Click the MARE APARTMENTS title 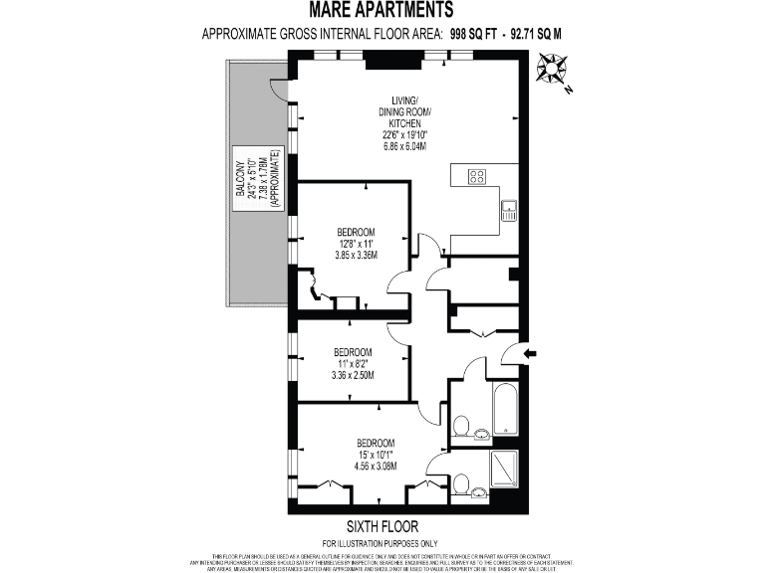(382, 10)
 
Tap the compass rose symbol (550, 71)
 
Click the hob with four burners (477, 177)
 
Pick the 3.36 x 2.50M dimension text (353, 375)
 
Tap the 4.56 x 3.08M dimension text (377, 465)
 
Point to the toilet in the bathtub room (461, 427)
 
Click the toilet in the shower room (461, 485)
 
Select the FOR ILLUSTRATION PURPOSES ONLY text (382, 543)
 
